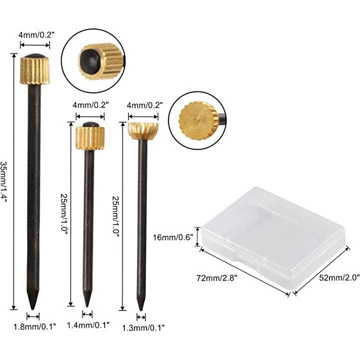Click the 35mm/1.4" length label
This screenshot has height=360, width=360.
4,182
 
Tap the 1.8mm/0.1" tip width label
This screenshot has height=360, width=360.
35,326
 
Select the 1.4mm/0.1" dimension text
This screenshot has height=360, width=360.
88,325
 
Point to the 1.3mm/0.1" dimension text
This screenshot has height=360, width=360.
143,327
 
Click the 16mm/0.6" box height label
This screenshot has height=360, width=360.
172,237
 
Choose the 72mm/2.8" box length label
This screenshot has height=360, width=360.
216,278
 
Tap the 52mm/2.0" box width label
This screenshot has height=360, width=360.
339,278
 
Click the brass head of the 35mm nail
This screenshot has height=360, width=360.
35,70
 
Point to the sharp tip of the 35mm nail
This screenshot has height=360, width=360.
33,309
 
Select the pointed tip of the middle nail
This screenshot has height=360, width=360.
87,306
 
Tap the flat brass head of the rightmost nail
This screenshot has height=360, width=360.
143,131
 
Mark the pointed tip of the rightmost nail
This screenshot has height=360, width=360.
141,310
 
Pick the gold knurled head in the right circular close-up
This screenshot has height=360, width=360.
197,121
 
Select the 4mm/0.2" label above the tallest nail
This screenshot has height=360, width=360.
36,35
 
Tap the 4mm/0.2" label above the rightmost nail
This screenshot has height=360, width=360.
145,105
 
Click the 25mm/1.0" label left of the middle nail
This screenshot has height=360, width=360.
64,213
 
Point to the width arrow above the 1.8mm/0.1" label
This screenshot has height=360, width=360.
33,316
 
